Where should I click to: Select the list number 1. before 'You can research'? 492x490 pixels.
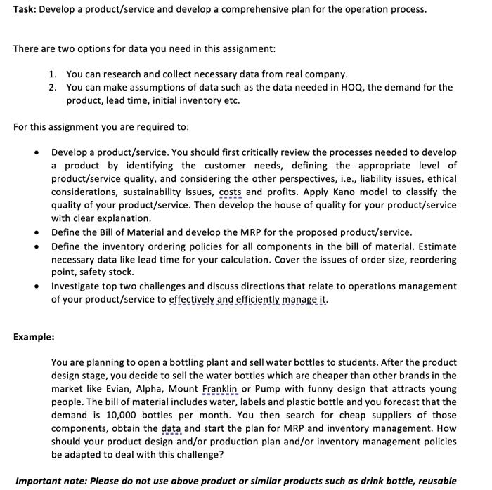pos(53,74)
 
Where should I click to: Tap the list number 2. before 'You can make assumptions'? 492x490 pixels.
pos(53,87)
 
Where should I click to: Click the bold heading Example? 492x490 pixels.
pos(34,337)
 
